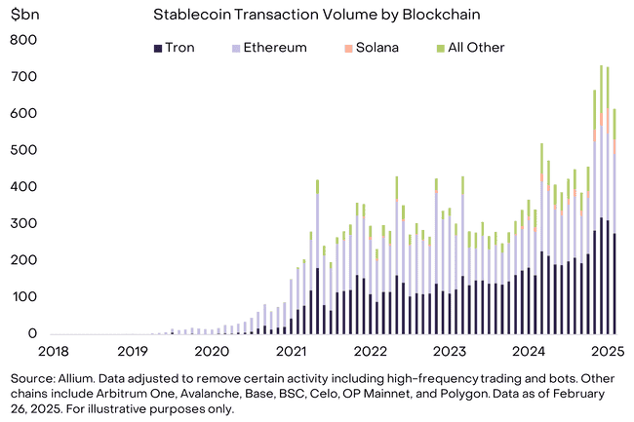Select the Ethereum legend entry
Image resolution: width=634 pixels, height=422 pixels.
coord(268,47)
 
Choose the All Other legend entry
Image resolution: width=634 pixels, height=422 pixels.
coord(470,47)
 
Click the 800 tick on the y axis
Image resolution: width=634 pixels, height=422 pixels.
coord(23,40)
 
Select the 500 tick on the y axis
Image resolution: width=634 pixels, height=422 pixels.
coord(23,150)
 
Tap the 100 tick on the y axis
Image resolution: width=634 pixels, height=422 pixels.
coord(23,297)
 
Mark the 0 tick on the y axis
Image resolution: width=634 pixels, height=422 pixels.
coord(32,334)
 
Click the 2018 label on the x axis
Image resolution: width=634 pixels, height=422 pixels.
coord(54,352)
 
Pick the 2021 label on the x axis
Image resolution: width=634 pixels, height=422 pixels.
coord(292,352)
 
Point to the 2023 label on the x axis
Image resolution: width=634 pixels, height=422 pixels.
coord(451,352)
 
